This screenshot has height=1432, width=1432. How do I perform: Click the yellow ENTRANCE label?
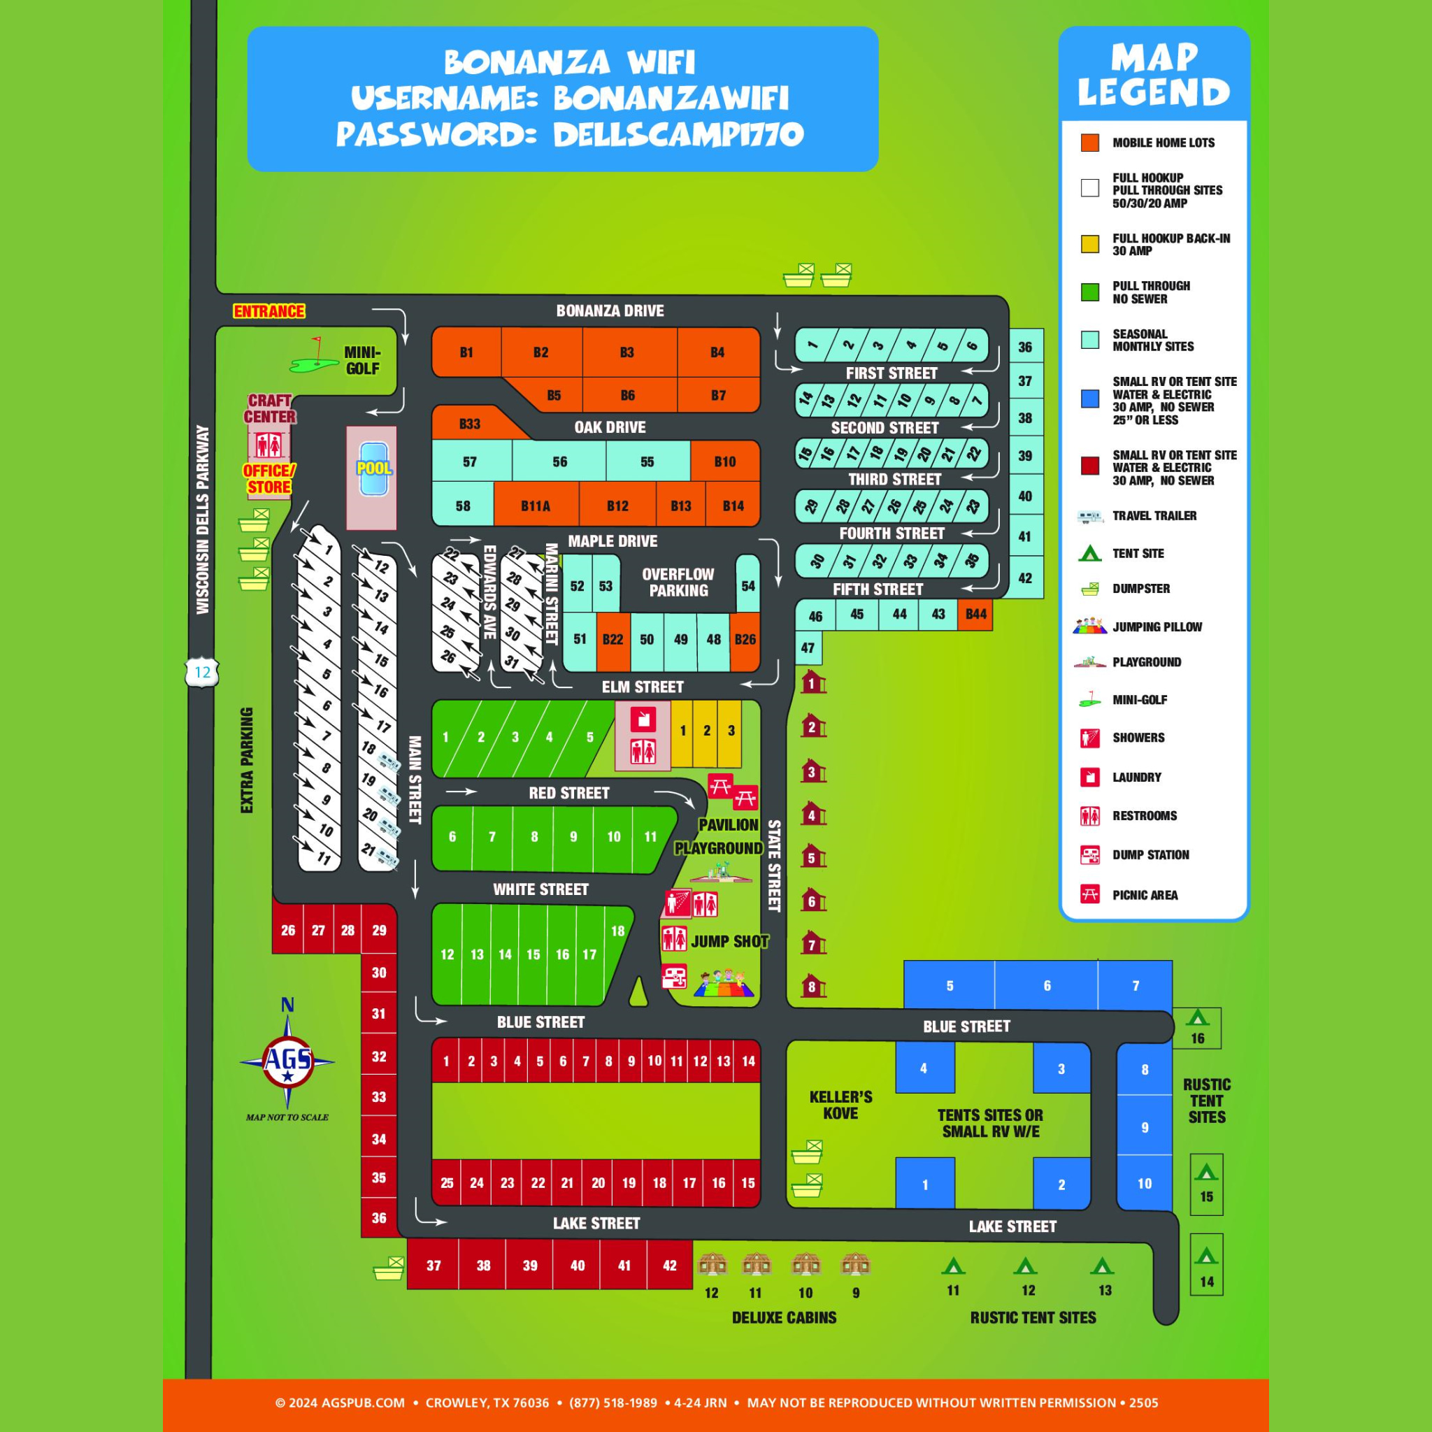point(268,311)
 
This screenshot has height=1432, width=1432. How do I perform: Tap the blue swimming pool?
point(373,469)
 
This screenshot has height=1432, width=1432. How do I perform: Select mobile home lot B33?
point(469,424)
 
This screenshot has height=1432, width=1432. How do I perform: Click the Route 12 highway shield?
point(202,672)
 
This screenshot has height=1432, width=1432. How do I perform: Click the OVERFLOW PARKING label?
point(678,582)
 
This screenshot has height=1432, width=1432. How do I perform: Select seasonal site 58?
point(462,506)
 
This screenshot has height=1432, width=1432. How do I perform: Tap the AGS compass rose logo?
point(287,1061)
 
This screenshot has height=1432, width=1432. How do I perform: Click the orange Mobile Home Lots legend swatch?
point(1089,143)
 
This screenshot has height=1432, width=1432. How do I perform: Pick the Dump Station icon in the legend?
point(1089,854)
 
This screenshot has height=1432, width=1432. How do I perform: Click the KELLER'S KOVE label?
point(840,1105)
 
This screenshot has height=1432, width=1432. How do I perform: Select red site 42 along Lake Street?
point(669,1265)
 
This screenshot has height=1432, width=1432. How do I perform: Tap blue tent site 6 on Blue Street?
point(1047,986)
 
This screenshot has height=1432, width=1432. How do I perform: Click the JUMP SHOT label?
point(729,941)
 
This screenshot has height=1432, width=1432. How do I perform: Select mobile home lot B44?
point(975,614)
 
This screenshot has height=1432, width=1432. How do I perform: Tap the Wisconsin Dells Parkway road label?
point(202,520)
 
